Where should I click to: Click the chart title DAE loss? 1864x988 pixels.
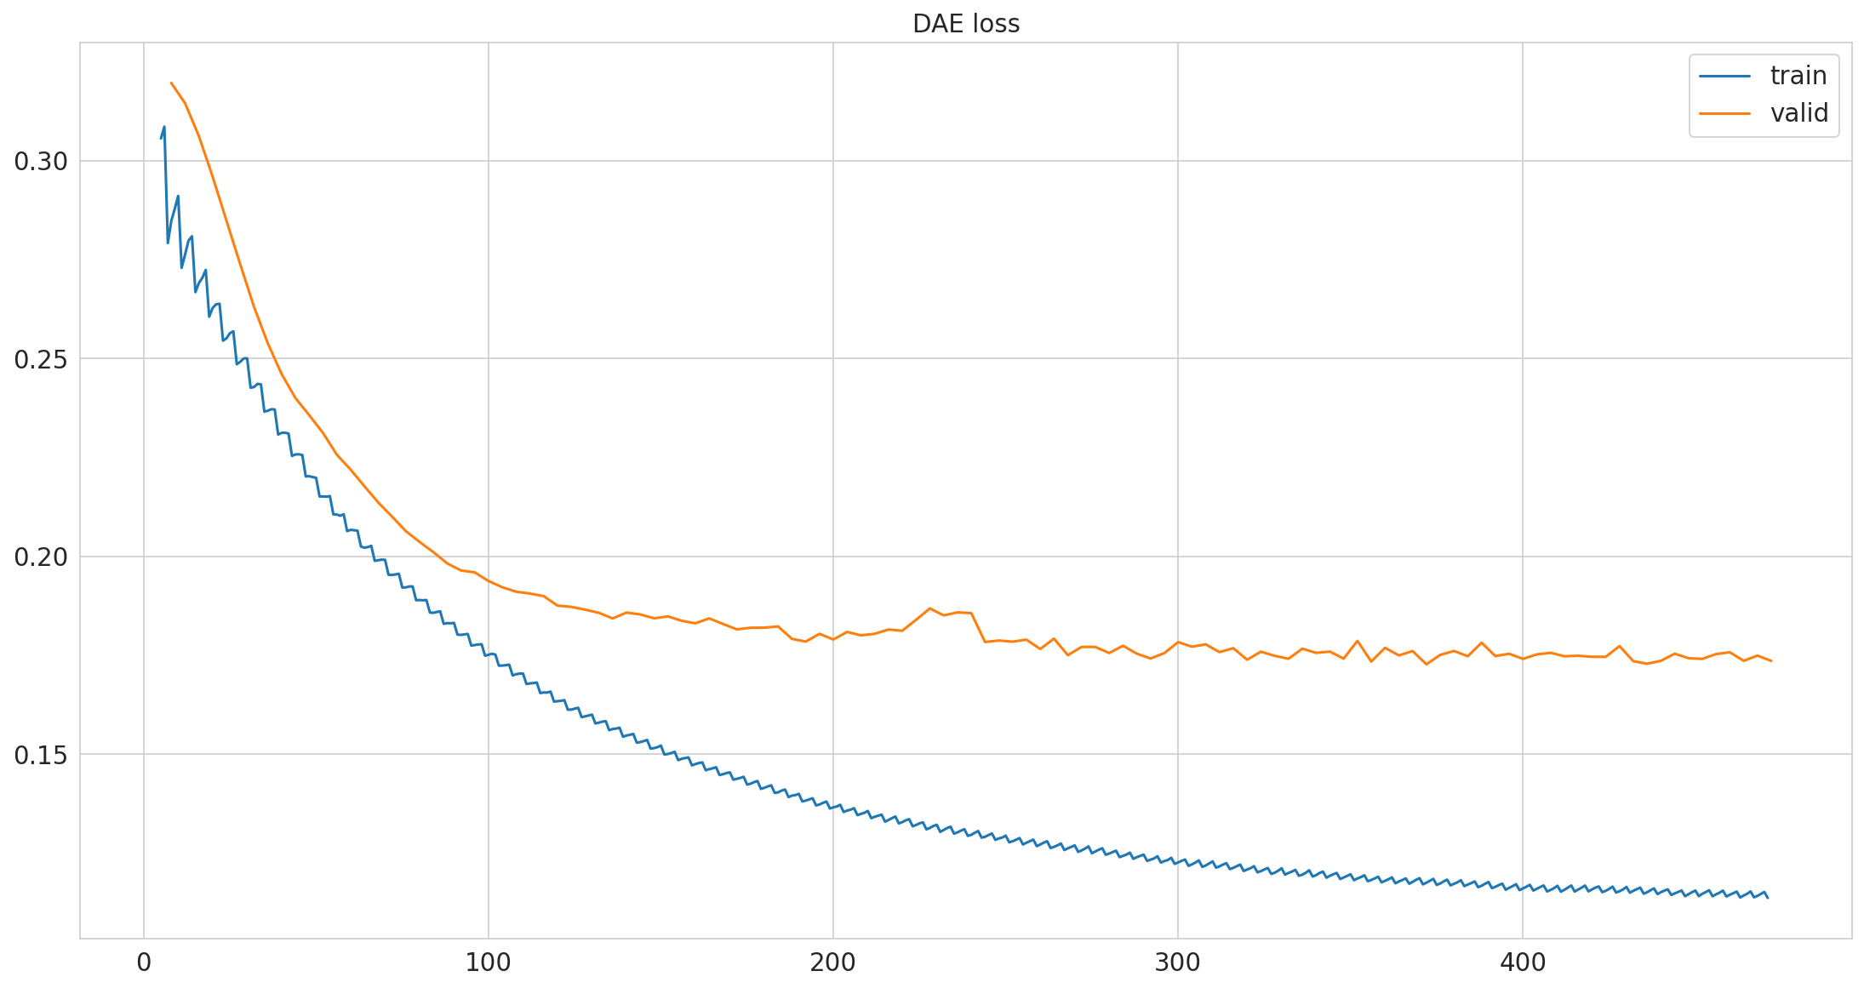pyautogui.click(x=965, y=24)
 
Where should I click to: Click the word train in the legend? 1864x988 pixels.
pyautogui.click(x=1798, y=76)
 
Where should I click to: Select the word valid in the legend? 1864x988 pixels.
pyautogui.click(x=1799, y=113)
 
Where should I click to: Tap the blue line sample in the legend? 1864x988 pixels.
pyautogui.click(x=1724, y=76)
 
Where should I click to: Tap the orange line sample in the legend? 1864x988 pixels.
pyautogui.click(x=1724, y=113)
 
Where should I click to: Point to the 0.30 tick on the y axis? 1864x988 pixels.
pyautogui.click(x=41, y=161)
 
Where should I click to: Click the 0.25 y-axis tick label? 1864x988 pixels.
pyautogui.click(x=41, y=359)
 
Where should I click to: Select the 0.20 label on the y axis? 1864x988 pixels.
pyautogui.click(x=41, y=557)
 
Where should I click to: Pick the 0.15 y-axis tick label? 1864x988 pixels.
pyautogui.click(x=41, y=755)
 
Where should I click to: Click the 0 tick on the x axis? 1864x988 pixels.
pyautogui.click(x=144, y=963)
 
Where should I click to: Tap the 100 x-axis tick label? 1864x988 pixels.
pyautogui.click(x=489, y=963)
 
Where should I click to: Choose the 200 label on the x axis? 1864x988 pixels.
pyautogui.click(x=833, y=963)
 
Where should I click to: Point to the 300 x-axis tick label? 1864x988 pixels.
pyautogui.click(x=1178, y=963)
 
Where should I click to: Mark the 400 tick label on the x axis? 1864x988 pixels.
pyautogui.click(x=1523, y=963)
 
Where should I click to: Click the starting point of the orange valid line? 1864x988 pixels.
pyautogui.click(x=171, y=83)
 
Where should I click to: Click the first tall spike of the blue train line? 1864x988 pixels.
pyautogui.click(x=164, y=127)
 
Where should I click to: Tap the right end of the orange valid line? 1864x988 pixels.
pyautogui.click(x=1771, y=660)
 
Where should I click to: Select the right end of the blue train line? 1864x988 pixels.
pyautogui.click(x=1768, y=898)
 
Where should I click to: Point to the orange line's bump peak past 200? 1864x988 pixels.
pyautogui.click(x=929, y=608)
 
